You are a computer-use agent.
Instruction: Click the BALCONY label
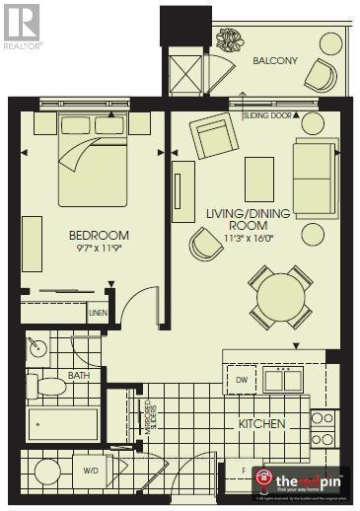pos(274,61)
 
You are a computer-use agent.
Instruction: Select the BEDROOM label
pos(99,235)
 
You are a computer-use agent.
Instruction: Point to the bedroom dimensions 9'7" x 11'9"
pos(99,250)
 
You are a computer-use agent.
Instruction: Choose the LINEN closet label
pos(99,314)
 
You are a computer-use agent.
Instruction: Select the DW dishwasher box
pos(241,379)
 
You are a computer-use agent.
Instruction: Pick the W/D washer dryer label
pos(91,470)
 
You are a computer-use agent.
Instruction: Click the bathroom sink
pos(40,348)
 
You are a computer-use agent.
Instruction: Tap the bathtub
pos(62,424)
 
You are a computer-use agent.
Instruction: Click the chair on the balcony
pos(322,74)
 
